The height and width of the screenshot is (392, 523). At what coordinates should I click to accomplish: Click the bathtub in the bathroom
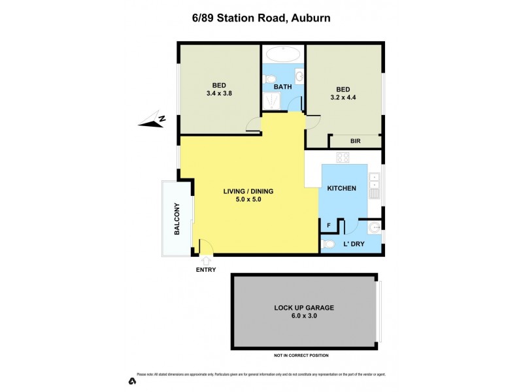click(283, 54)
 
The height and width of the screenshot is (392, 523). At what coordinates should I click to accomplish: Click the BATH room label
click(283, 86)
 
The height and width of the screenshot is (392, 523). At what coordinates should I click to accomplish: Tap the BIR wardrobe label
click(355, 141)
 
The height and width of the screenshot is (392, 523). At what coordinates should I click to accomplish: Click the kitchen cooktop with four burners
click(343, 157)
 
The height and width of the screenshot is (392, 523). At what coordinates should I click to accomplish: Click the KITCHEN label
click(341, 188)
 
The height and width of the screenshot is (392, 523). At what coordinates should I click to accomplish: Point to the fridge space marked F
click(328, 225)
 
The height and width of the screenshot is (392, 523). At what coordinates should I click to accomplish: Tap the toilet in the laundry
click(328, 244)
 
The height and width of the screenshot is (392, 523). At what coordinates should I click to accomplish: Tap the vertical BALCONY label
click(177, 220)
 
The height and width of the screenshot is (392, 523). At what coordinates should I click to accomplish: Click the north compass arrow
click(152, 120)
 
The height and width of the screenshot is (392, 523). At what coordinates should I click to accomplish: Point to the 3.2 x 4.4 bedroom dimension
click(343, 99)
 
